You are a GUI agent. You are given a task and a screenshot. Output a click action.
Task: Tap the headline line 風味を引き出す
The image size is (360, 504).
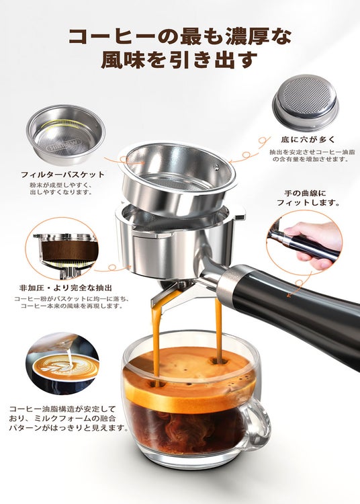tap(179, 59)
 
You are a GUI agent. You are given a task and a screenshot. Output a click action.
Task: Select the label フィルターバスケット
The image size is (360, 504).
tap(63, 175)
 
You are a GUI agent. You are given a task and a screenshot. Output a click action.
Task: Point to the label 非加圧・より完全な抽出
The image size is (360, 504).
tap(66, 288)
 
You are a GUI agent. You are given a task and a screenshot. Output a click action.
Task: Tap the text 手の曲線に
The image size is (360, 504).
tap(305, 194)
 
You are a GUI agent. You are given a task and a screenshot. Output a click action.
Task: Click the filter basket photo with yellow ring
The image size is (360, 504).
tap(66, 134)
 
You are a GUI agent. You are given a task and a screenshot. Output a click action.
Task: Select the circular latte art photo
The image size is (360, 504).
tap(62, 364)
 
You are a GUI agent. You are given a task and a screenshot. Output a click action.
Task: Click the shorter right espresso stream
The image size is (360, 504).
tap(218, 331)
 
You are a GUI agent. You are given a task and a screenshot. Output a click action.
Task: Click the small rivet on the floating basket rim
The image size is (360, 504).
tap(217, 166)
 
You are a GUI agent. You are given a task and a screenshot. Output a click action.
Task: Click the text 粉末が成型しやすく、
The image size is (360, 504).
tap(61, 185)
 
